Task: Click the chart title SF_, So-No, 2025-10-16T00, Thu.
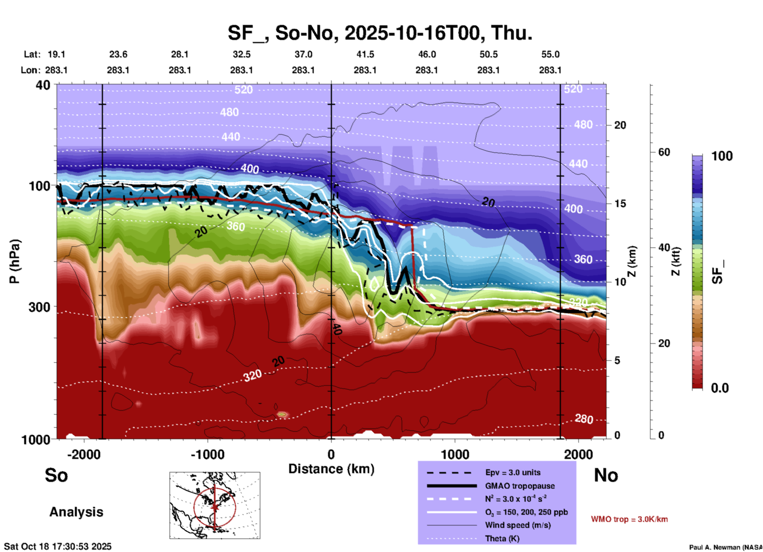tap(380, 32)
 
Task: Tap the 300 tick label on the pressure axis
tap(39, 307)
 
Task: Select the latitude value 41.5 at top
tap(365, 54)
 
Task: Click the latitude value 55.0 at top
tap(550, 54)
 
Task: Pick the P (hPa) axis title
tap(15, 261)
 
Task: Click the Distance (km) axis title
tap(331, 469)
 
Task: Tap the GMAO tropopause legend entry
tap(520, 486)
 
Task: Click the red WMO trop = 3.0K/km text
tap(629, 519)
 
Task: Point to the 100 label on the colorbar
tap(722, 156)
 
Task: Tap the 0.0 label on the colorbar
tap(720, 388)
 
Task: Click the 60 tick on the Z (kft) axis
tap(664, 152)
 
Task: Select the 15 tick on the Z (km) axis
tap(620, 204)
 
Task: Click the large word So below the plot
tap(56, 475)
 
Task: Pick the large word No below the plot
tap(606, 475)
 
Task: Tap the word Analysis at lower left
tap(76, 512)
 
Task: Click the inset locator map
tap(215, 505)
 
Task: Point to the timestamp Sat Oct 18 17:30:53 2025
tap(58, 546)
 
